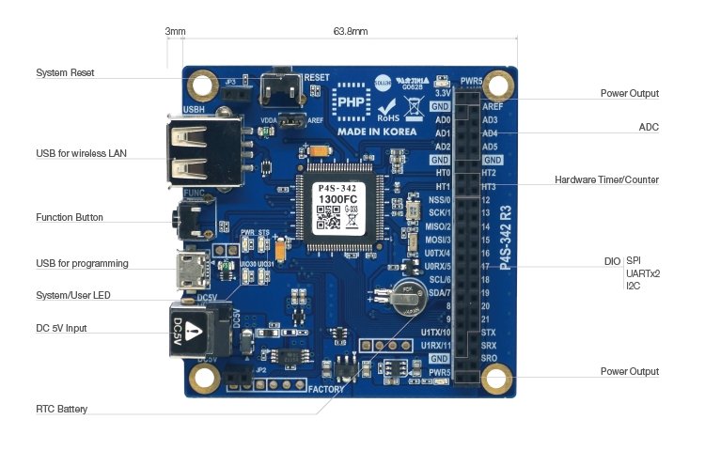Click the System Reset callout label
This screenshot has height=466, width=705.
click(x=65, y=72)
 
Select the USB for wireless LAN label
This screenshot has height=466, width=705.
click(x=81, y=153)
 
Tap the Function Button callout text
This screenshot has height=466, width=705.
click(x=70, y=218)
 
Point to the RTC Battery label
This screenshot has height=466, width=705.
click(x=62, y=409)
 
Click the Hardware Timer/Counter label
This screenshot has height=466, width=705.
click(x=606, y=179)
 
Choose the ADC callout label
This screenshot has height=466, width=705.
click(x=649, y=126)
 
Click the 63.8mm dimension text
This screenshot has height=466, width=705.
click(x=351, y=31)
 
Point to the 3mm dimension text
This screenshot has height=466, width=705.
click(x=175, y=31)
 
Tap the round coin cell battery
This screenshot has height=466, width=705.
click(x=409, y=295)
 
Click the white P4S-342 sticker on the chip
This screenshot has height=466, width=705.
click(x=337, y=208)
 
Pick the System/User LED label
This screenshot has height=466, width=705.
click(x=73, y=295)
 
